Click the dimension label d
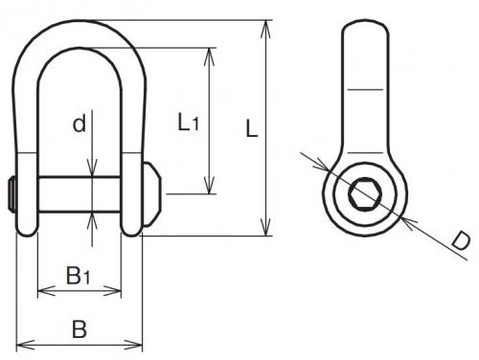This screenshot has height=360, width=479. pos(80,124)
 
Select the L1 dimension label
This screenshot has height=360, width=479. pos(189,123)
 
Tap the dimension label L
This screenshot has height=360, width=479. pos(251,129)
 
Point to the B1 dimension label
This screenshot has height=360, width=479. pos(79,276)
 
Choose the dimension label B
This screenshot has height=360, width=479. pos(80,329)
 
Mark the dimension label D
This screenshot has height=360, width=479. pos(461,241)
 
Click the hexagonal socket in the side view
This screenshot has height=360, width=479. pos(365,193)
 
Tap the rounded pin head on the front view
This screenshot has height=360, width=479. pos(152,194)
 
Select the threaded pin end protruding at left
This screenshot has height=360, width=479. pos(12,194)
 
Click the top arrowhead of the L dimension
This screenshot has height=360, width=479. pos(265,30)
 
